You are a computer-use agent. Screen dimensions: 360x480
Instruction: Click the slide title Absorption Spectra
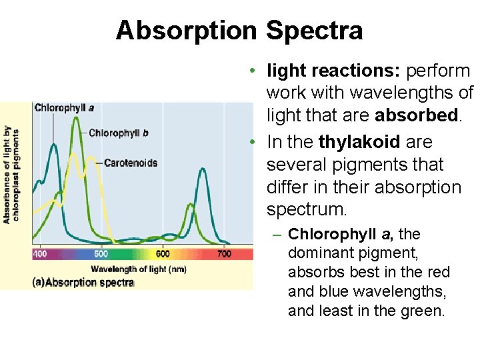pos(239,31)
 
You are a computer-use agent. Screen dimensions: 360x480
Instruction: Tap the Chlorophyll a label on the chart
pos(64,107)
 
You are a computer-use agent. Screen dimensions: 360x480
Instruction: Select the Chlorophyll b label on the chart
pos(118,133)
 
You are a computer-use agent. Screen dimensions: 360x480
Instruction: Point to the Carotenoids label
pos(131,162)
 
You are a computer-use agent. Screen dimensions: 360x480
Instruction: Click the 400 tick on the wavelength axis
pos(40,254)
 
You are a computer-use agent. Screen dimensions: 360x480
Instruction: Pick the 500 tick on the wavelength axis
pos(101,254)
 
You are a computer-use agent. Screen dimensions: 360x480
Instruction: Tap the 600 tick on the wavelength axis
pos(163,254)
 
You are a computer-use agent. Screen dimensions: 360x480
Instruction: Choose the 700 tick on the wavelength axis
pos(225,254)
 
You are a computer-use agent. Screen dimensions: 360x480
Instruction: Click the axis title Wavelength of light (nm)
pos(138,269)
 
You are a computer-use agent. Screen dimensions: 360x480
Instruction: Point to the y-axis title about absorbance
pos(11,174)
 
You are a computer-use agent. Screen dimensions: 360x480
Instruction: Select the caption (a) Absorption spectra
pos(83,282)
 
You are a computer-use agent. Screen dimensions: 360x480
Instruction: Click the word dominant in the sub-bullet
pos(317,253)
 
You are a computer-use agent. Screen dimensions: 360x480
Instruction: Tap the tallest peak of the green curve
pos(77,119)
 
